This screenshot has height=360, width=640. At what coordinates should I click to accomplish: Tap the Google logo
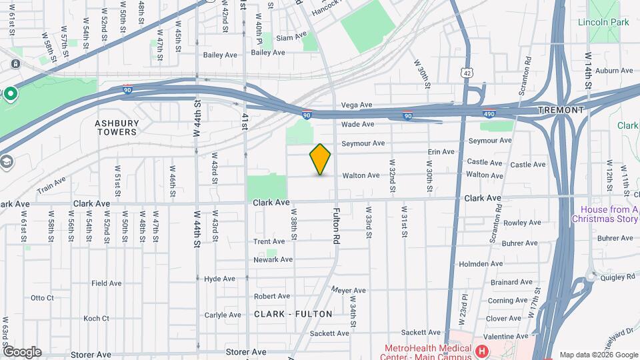22,351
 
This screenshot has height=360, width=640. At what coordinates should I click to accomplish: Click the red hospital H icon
480,350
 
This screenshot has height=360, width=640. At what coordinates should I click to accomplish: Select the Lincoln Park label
603,23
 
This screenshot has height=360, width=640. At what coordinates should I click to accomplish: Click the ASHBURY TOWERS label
117,127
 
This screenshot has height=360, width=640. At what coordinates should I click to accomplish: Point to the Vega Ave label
357,105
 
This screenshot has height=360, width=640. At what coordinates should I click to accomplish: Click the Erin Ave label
441,152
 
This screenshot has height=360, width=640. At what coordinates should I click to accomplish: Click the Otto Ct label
42,297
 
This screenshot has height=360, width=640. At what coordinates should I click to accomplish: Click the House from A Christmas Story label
605,213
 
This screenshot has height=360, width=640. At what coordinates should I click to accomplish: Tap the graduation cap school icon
6,161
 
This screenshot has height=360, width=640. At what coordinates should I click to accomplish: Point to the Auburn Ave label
613,70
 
